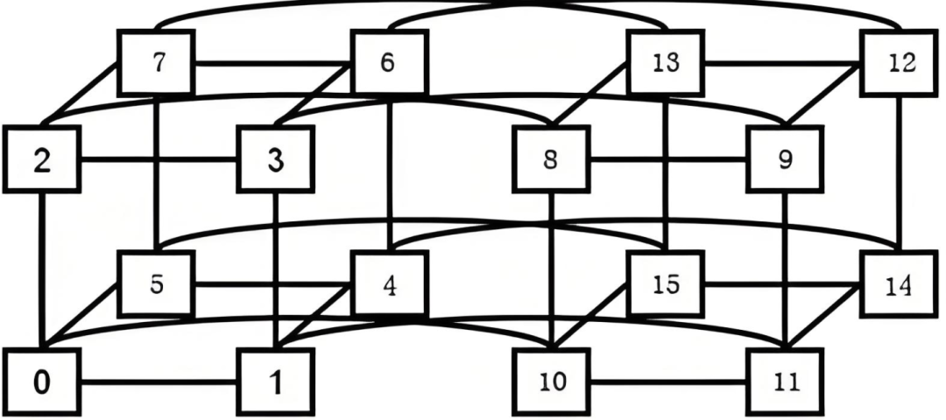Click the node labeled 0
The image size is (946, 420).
(42, 383)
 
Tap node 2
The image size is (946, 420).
(42, 162)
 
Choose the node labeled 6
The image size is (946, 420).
(390, 64)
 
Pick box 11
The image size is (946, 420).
(785, 383)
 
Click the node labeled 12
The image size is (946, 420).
(899, 64)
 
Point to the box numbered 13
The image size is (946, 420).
(665, 64)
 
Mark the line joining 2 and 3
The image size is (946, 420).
(159, 162)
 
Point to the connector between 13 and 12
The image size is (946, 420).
(781, 64)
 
